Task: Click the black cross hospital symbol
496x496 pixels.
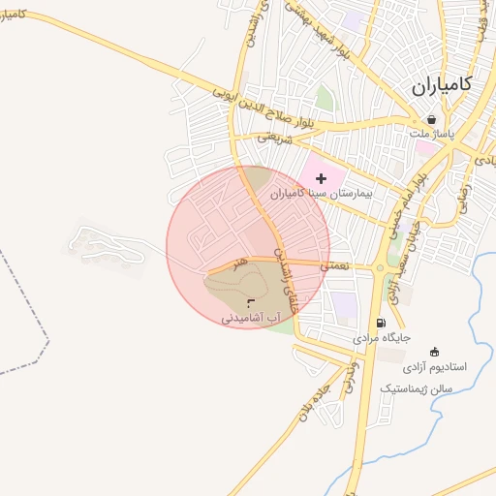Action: tap(322, 178)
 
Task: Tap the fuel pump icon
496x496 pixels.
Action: tap(381, 324)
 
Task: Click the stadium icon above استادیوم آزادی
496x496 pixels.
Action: tap(434, 352)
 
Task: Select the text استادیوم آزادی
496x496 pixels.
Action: tap(435, 367)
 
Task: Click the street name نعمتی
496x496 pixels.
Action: tap(338, 264)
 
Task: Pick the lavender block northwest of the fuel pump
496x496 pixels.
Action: tap(344, 306)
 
